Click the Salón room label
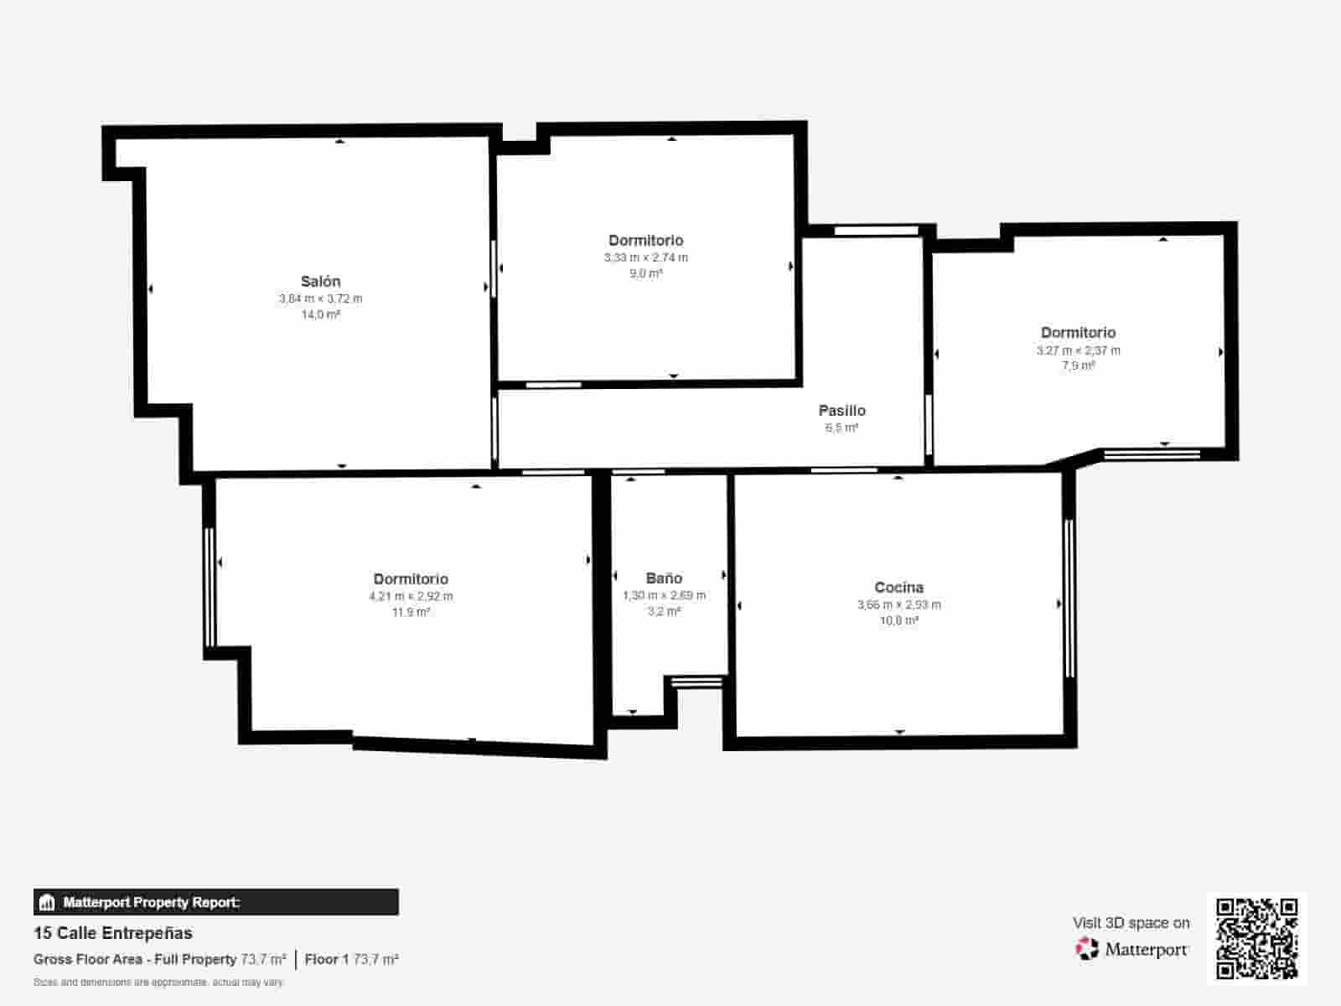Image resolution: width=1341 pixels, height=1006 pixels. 320,282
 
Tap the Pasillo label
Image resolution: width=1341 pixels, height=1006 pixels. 841,411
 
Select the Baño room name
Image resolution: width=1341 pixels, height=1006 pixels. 664,578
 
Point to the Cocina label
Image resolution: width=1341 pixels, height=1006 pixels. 898,588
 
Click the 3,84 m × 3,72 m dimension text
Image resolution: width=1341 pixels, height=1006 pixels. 320,298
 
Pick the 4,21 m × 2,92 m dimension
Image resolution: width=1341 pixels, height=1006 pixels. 411,596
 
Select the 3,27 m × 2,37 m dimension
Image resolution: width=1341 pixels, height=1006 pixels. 1078,350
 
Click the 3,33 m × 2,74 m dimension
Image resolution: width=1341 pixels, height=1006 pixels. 645,257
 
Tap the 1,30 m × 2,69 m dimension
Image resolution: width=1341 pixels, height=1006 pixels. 664,595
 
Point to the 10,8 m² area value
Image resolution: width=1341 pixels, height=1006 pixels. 898,620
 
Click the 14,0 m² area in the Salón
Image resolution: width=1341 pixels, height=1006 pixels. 320,314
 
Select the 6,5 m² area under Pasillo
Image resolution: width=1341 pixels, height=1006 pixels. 841,428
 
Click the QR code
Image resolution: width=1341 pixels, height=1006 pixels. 1256,938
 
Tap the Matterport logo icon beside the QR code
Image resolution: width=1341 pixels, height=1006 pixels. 1087,949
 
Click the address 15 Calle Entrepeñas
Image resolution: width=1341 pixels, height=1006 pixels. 113,933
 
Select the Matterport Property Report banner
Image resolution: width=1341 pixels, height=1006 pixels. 216,902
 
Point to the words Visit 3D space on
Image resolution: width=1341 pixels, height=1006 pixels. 1131,922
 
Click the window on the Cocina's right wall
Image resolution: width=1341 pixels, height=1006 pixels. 1069,599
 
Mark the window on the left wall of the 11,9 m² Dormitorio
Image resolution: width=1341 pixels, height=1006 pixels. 210,587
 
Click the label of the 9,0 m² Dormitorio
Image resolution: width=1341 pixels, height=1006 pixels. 645,241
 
